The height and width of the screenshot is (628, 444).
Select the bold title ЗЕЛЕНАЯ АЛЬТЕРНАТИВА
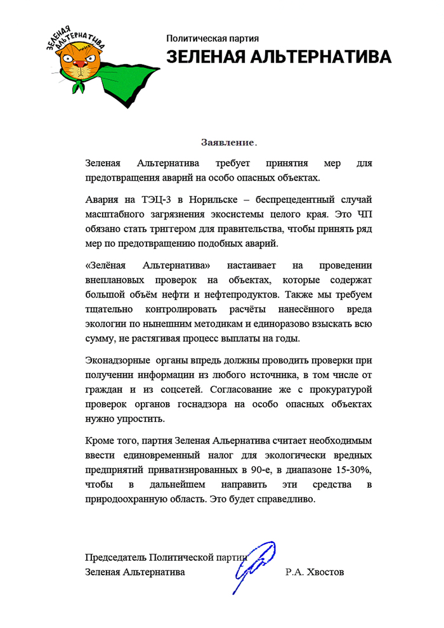click(x=279, y=56)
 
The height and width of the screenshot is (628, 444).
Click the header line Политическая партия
click(x=212, y=39)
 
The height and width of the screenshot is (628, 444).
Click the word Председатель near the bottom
click(x=116, y=557)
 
